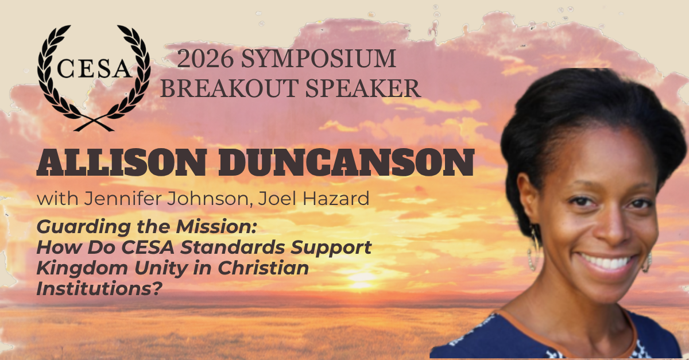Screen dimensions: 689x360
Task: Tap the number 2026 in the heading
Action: point(205,59)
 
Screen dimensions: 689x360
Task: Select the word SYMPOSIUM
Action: point(318,59)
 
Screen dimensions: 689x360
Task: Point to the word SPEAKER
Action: point(363,88)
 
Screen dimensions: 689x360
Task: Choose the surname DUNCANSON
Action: point(346,162)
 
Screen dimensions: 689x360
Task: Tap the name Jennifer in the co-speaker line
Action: point(123,199)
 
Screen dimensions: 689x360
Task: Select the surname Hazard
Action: point(336,199)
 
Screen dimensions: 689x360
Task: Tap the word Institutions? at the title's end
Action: point(99,289)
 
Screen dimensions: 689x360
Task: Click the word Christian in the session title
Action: point(264,268)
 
